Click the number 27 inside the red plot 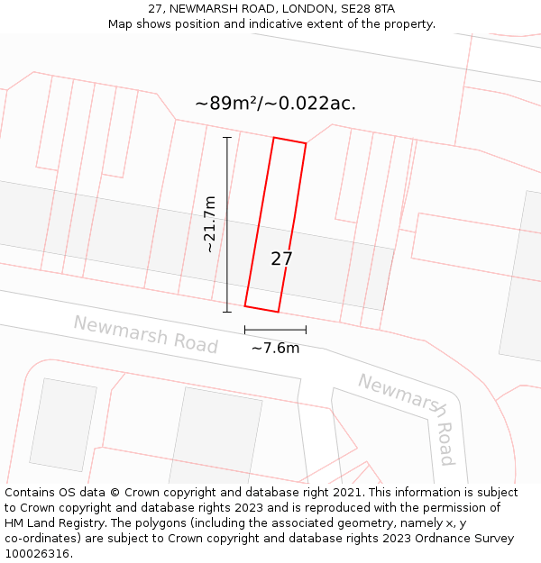click(x=281, y=259)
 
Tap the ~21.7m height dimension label click(x=210, y=224)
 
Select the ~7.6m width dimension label click(x=275, y=348)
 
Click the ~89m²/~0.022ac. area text click(x=275, y=103)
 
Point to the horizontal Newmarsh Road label click(x=145, y=334)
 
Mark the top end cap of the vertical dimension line click(x=227, y=137)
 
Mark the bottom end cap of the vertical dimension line click(x=227, y=312)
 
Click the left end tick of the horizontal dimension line click(x=245, y=330)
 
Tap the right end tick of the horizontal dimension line click(x=306, y=330)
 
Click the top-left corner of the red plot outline click(x=274, y=138)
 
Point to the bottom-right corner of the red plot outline click(x=278, y=312)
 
